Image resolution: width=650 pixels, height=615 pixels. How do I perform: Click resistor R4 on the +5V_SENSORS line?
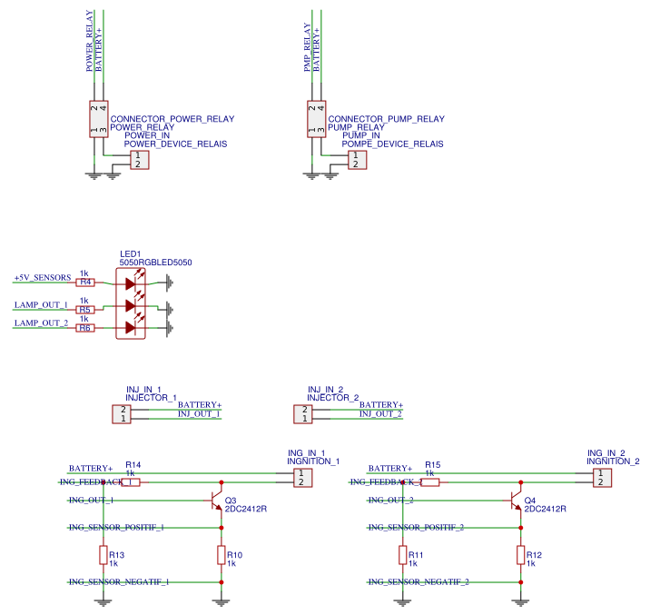(84, 283)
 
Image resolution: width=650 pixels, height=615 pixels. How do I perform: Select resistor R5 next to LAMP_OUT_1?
(84, 310)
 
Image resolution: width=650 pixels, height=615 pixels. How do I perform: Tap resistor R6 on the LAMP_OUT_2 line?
(84, 327)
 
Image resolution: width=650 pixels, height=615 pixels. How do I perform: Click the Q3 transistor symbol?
(215, 501)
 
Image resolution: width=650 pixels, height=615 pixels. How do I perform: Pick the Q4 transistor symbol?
(515, 501)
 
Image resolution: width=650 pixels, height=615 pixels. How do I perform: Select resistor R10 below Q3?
(222, 555)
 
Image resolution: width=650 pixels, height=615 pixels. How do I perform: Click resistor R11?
(402, 555)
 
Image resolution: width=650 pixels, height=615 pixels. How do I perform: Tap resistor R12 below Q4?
(521, 555)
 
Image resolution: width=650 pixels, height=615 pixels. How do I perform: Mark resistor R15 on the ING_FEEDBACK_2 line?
(430, 482)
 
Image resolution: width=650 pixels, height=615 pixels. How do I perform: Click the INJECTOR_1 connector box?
(122, 413)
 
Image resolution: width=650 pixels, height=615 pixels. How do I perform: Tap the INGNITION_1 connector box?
(300, 478)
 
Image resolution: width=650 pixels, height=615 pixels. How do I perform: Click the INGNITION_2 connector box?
(599, 478)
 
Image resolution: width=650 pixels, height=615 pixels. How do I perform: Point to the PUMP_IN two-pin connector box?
(356, 160)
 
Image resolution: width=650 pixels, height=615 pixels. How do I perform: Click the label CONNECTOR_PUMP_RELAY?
(386, 119)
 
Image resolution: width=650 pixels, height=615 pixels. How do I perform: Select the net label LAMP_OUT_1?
(41, 305)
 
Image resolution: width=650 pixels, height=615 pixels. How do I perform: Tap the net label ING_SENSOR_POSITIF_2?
(417, 527)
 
